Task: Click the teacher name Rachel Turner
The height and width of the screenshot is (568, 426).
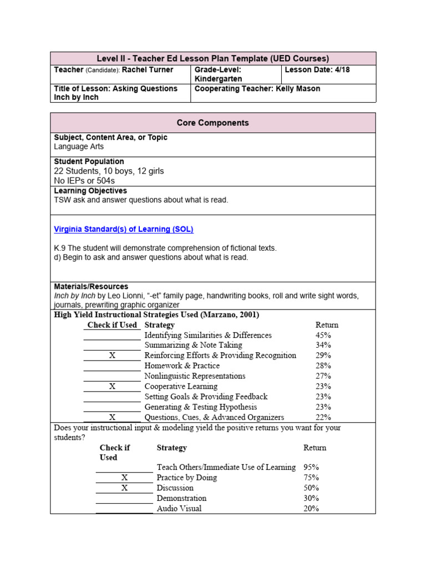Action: tap(148, 70)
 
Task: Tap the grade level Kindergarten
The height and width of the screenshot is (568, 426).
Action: tap(219, 79)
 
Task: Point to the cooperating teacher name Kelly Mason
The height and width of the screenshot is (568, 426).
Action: tap(298, 89)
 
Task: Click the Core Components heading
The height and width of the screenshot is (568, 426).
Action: tap(213, 123)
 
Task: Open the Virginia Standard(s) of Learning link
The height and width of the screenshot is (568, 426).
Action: tap(123, 229)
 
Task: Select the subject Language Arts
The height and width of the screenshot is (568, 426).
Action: tap(79, 147)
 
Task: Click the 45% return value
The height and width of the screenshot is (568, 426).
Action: tap(323, 335)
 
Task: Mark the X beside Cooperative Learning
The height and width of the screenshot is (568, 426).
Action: tap(112, 387)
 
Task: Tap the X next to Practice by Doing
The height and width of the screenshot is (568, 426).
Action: tap(124, 478)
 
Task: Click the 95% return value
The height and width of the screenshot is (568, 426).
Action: tap(311, 467)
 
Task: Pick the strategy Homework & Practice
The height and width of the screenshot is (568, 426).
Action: tap(182, 366)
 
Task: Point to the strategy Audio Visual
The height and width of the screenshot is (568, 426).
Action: tap(179, 509)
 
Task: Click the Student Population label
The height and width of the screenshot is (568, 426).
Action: tap(89, 161)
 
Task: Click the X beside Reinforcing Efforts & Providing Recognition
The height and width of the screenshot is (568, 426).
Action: tap(112, 356)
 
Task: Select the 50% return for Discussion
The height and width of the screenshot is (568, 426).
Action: tap(311, 488)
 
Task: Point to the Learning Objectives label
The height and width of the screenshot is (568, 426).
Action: tap(90, 191)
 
